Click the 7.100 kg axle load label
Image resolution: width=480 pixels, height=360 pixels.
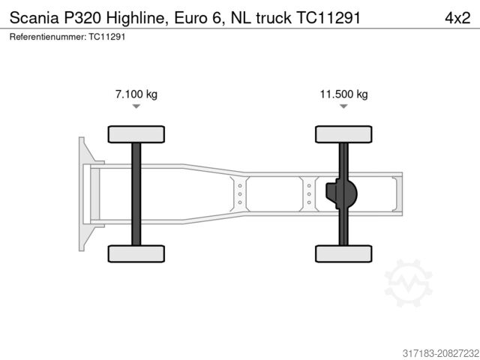pyautogui.click(x=136, y=94)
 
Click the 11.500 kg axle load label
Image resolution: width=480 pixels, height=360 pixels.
pyautogui.click(x=343, y=94)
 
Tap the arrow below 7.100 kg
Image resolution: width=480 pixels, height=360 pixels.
pyautogui.click(x=136, y=106)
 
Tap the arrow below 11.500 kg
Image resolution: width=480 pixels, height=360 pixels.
pyautogui.click(x=343, y=106)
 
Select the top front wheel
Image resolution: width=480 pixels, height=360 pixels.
pyautogui.click(x=136, y=134)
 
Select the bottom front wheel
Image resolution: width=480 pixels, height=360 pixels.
pyautogui.click(x=136, y=253)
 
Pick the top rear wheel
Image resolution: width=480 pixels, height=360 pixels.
pyautogui.click(x=343, y=134)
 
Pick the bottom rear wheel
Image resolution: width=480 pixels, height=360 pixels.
pyautogui.click(x=343, y=253)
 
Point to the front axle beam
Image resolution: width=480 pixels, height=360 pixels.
pyautogui.click(x=136, y=193)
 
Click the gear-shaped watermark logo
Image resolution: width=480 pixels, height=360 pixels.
pyautogui.click(x=409, y=283)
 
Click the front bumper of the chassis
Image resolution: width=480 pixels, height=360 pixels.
pyautogui.click(x=83, y=193)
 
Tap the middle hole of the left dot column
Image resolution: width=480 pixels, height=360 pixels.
pyautogui.click(x=240, y=193)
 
